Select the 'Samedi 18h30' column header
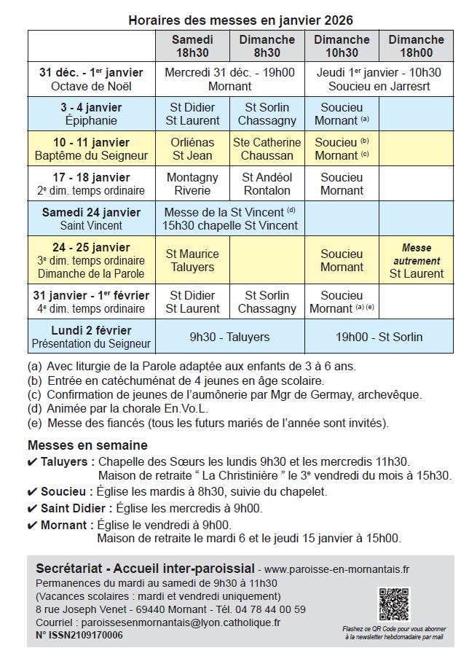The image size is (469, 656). (x=192, y=46)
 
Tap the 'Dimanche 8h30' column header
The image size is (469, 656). (x=267, y=46)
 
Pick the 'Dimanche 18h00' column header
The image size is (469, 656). (x=416, y=46)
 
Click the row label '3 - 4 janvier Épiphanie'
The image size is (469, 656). (x=91, y=114)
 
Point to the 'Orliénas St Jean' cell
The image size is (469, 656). (x=192, y=149)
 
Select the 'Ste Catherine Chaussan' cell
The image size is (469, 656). (x=267, y=149)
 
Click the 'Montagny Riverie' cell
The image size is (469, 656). (x=192, y=184)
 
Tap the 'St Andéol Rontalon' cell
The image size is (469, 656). (x=267, y=184)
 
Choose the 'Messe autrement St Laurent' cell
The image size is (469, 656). (x=416, y=260)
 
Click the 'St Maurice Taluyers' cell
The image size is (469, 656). (x=192, y=260)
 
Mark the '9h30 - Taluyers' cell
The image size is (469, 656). (x=229, y=337)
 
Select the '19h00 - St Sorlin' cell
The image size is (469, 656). (x=379, y=337)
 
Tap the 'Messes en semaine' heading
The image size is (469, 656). (x=87, y=445)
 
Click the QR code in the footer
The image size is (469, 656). (x=394, y=604)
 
